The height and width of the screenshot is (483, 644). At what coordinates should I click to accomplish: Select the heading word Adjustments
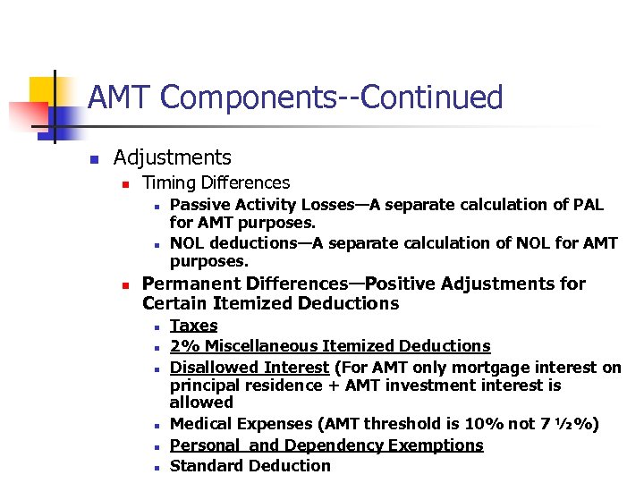(x=172, y=158)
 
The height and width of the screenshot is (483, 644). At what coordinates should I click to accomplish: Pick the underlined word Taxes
(x=193, y=326)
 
